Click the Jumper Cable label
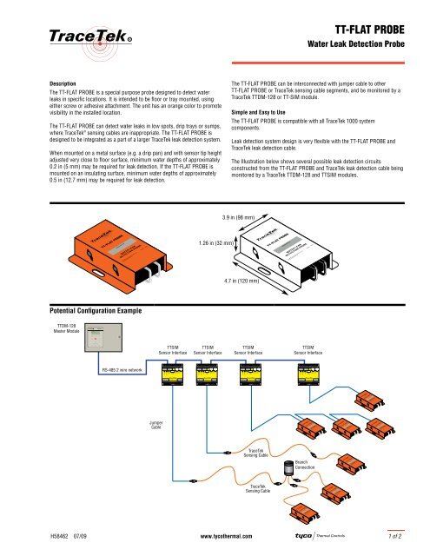point(155,425)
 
